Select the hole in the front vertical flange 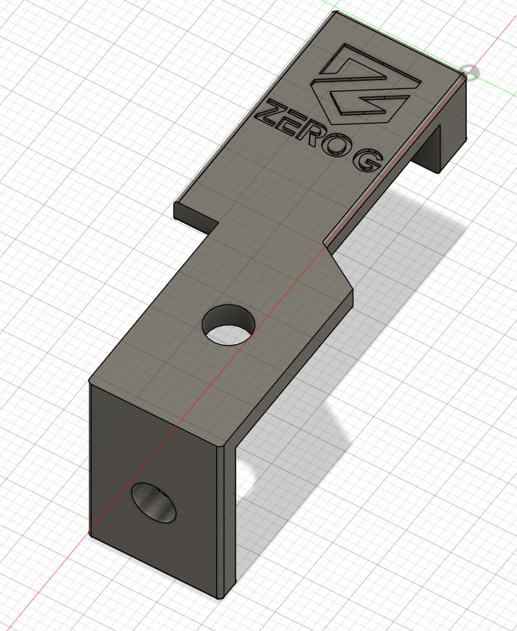click(154, 504)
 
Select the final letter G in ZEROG click(368, 160)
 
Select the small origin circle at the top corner click(470, 72)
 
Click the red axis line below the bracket click(44, 588)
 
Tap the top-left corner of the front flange click(90, 382)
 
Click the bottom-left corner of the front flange click(90, 533)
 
